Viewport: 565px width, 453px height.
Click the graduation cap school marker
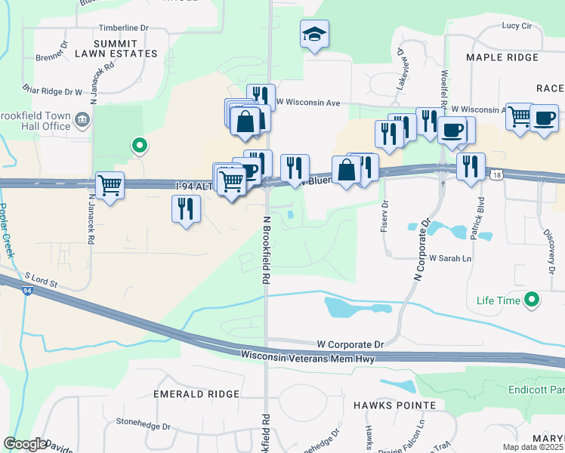pyautogui.click(x=314, y=34)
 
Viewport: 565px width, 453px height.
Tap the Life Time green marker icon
pyautogui.click(x=533, y=300)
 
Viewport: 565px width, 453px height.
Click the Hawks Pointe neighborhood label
pyautogui.click(x=394, y=405)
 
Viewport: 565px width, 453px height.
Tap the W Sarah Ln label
pyautogui.click(x=450, y=258)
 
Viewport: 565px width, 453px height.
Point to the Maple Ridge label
pyautogui.click(x=502, y=57)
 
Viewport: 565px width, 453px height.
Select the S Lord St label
pyautogui.click(x=41, y=282)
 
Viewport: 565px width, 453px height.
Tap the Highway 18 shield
pyautogui.click(x=495, y=174)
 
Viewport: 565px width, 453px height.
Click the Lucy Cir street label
pyautogui.click(x=517, y=25)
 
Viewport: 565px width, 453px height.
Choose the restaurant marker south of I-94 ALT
pyautogui.click(x=186, y=208)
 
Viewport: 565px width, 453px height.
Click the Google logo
pyautogui.click(x=25, y=444)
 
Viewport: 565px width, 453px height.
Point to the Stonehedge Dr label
pyautogui.click(x=140, y=424)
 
